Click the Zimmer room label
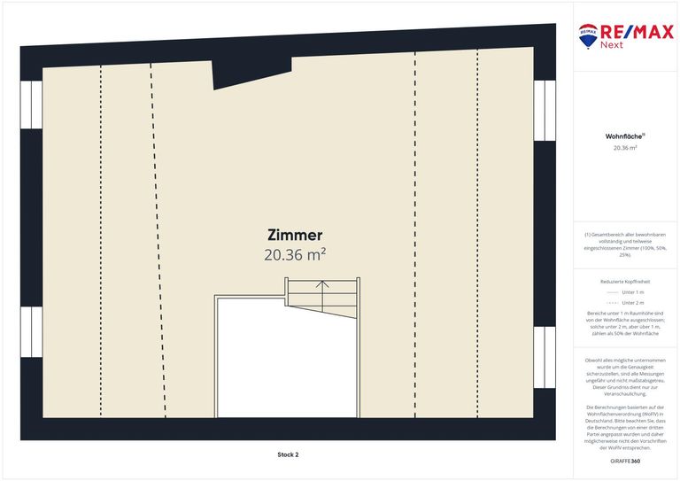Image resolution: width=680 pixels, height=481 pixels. tap(295, 235)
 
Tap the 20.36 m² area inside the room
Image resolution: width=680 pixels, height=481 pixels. tap(295, 255)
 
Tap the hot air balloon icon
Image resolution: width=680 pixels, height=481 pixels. tap(587, 36)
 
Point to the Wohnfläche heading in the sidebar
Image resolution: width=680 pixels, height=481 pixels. tap(624, 136)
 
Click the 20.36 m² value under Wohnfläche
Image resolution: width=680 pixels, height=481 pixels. tap(625, 148)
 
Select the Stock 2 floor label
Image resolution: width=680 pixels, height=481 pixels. tap(288, 454)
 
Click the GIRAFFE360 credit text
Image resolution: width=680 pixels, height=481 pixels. tap(625, 462)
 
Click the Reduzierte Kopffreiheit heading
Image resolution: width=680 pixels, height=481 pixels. tap(625, 281)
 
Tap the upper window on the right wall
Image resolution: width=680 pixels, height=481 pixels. tap(545, 105)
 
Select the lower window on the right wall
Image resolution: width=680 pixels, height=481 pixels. tap(545, 352)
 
